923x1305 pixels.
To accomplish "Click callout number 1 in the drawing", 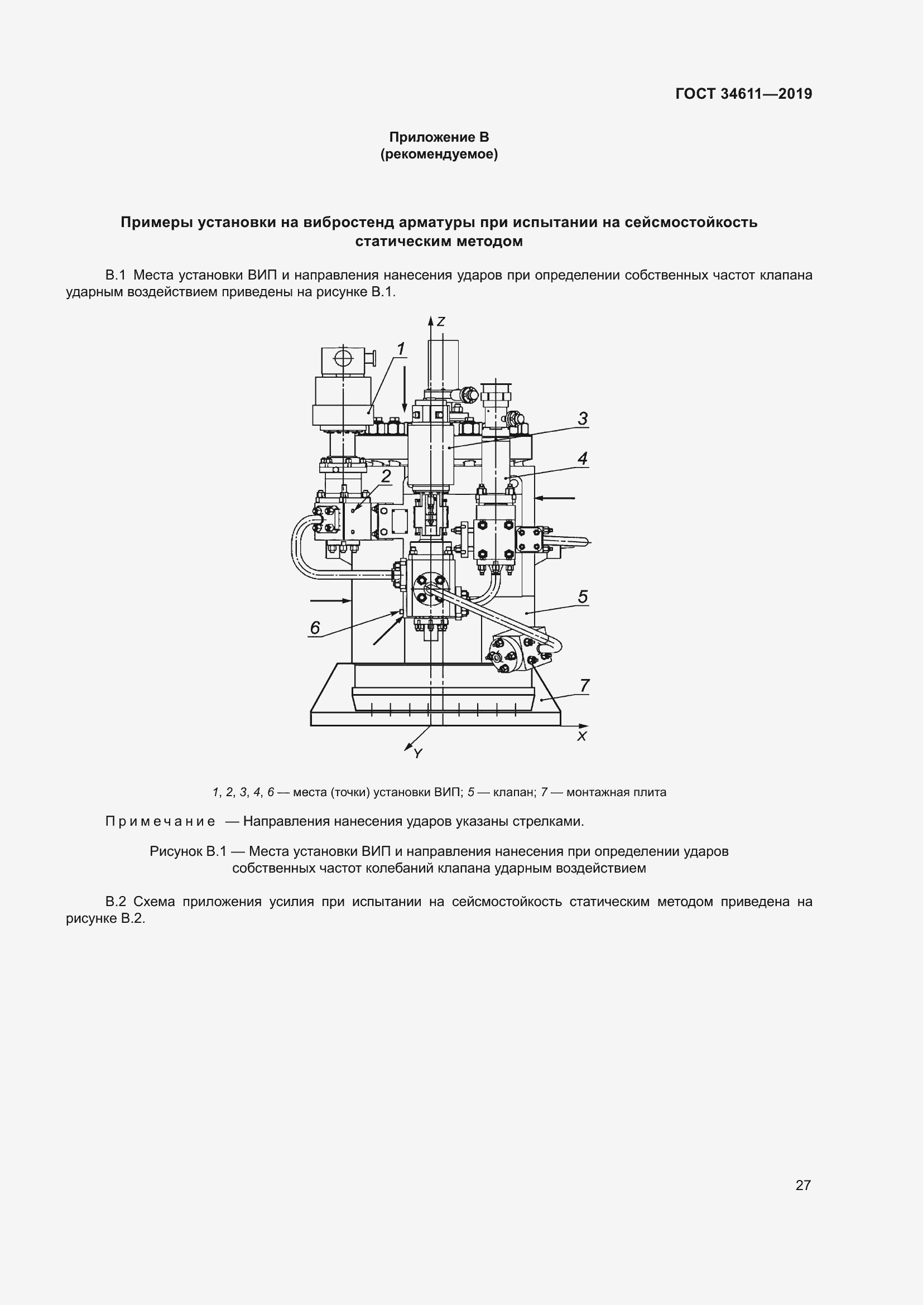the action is click(401, 348).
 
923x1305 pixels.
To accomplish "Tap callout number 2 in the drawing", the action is click(387, 476).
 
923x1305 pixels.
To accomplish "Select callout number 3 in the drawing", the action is click(583, 419).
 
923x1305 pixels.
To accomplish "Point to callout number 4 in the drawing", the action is click(583, 458).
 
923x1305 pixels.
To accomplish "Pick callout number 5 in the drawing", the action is click(583, 597).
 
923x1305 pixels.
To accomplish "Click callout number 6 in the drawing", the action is click(315, 628).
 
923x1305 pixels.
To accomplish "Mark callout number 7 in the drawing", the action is click(584, 686).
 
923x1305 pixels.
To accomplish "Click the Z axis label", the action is click(440, 322).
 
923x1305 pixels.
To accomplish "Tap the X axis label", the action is click(581, 736).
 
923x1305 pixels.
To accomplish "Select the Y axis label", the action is click(418, 754).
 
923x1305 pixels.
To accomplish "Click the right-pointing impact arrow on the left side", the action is click(330, 600).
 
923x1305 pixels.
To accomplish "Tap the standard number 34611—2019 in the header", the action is click(766, 94).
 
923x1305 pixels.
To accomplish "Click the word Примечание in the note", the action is click(160, 821).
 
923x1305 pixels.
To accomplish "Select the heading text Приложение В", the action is click(439, 137).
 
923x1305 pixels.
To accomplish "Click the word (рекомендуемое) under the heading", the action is click(439, 154).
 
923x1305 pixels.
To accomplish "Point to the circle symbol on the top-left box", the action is click(343, 359).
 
